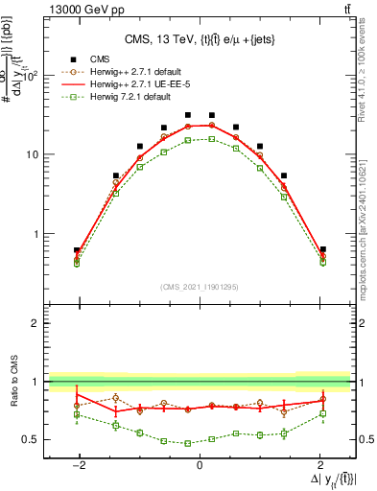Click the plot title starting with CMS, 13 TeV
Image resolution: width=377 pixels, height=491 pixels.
click(199, 39)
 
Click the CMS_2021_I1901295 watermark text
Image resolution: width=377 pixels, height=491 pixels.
click(199, 287)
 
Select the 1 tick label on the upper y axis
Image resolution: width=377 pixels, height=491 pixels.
click(37, 234)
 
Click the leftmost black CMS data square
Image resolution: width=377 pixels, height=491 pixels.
click(77, 250)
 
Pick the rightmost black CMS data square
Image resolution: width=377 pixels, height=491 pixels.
click(323, 249)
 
